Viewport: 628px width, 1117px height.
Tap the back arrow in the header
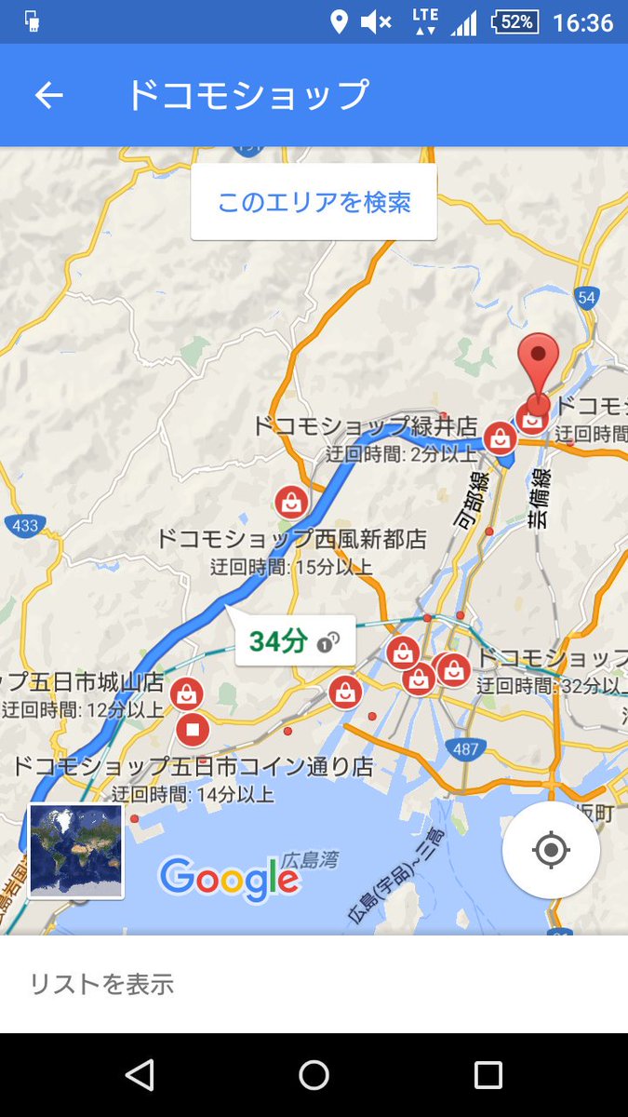point(48,95)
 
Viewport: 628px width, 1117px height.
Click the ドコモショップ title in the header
point(247,95)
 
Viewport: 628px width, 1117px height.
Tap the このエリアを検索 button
point(314,202)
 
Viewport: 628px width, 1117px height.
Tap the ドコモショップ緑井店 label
point(365,427)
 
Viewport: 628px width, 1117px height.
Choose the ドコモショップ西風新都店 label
point(290,539)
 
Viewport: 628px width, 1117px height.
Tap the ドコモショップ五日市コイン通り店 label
point(193,768)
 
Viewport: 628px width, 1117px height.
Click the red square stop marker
point(193,729)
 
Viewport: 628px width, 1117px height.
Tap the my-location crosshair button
point(551,850)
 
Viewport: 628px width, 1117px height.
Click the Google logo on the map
point(229,877)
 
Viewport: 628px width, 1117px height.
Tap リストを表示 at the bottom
point(101,984)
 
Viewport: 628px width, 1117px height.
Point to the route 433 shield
point(25,526)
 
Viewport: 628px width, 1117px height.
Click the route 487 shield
point(466,748)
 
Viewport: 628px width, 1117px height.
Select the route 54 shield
point(585,297)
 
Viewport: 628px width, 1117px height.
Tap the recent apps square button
point(488,1075)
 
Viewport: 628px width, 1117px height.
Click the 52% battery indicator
point(516,21)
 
